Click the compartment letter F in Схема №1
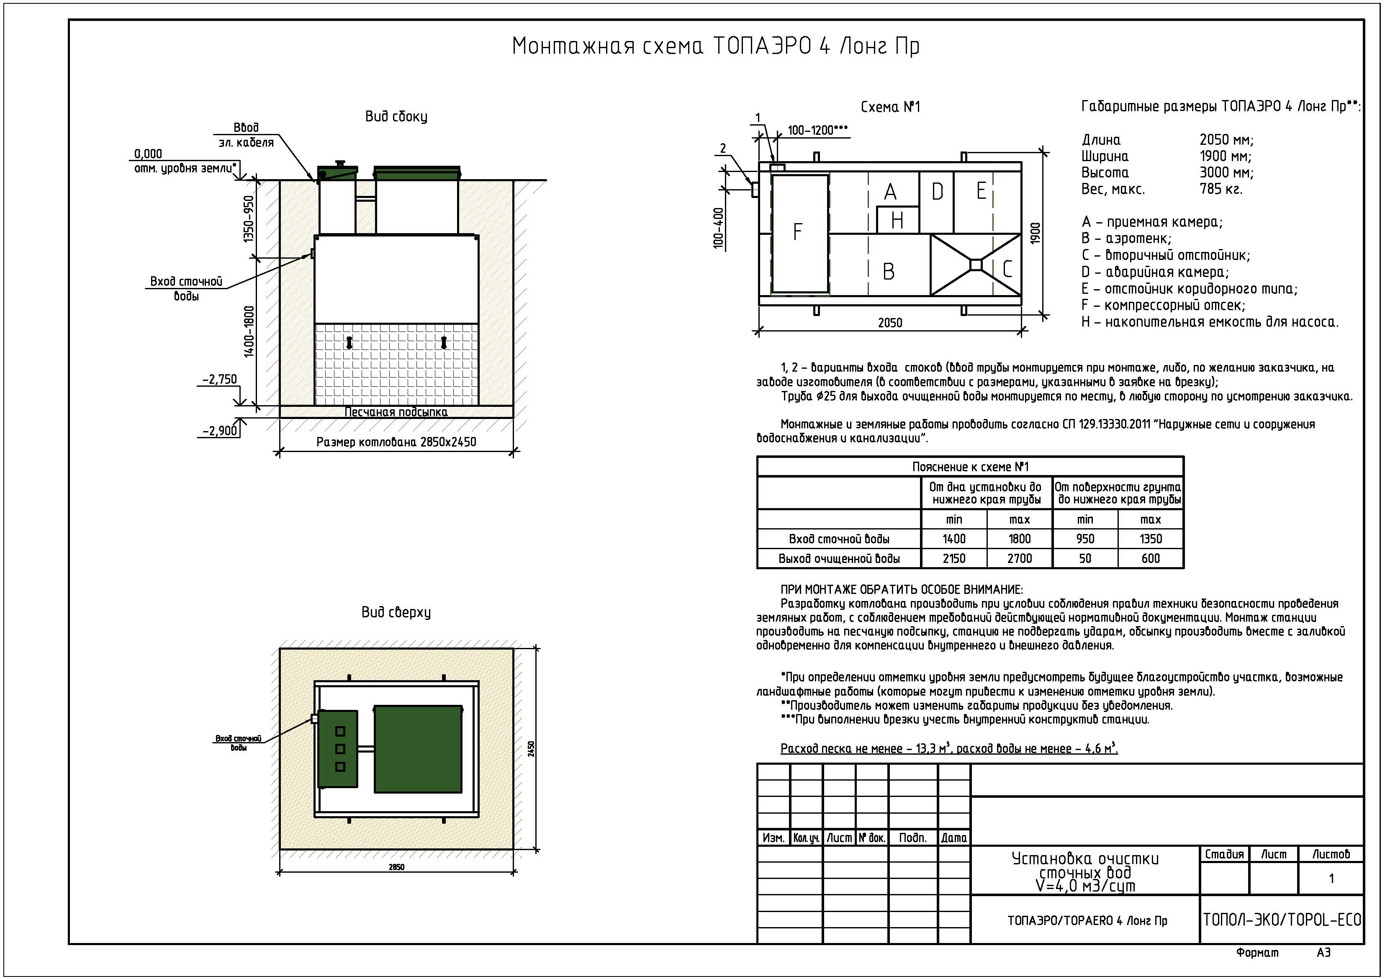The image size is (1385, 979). tap(797, 231)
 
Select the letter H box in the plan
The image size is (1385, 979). tap(897, 220)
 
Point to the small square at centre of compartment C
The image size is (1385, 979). tap(975, 264)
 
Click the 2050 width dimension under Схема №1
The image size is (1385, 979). tap(890, 323)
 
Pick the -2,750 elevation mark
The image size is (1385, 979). tap(220, 379)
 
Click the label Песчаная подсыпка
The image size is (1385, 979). tap(396, 412)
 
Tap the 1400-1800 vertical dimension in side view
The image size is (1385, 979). tap(249, 332)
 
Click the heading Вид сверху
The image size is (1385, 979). tap(396, 612)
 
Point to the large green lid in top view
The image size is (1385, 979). tap(418, 748)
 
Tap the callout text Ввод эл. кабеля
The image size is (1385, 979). tap(246, 135)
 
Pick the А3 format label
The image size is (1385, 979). tap(1323, 953)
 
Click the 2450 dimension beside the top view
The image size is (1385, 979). tap(532, 748)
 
